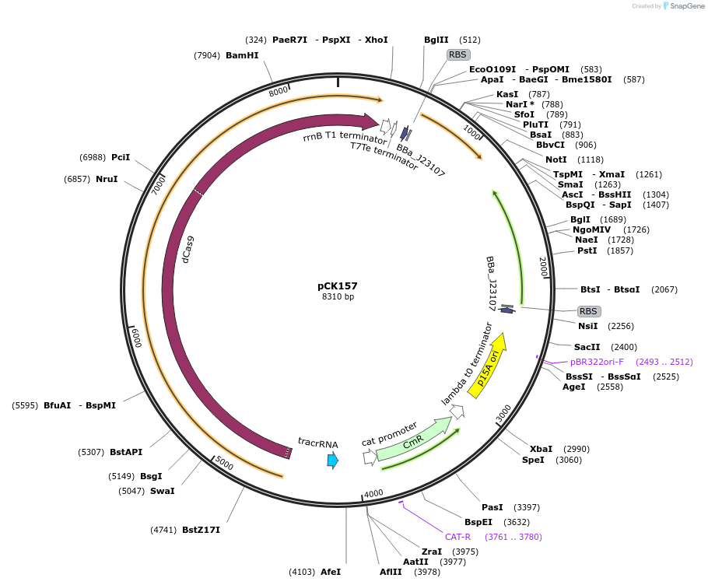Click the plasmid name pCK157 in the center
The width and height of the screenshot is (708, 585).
pyautogui.click(x=338, y=285)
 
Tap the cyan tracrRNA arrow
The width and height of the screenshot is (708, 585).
pyautogui.click(x=333, y=460)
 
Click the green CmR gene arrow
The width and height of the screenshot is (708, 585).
pyautogui.click(x=414, y=440)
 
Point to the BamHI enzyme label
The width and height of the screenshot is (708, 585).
pyautogui.click(x=242, y=55)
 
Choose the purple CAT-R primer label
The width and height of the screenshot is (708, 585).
pyautogui.click(x=457, y=537)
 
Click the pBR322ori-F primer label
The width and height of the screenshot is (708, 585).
pyautogui.click(x=597, y=362)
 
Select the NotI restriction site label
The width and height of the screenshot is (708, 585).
pyautogui.click(x=556, y=159)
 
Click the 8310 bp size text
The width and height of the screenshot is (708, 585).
pyautogui.click(x=338, y=297)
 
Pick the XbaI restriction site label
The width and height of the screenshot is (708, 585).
pyautogui.click(x=541, y=449)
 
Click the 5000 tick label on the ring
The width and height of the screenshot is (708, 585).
pyautogui.click(x=224, y=464)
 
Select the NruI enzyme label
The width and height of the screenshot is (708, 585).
pyautogui.click(x=107, y=179)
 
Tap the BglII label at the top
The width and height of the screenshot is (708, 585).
pyautogui.click(x=436, y=40)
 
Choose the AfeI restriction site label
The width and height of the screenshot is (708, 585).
pyautogui.click(x=331, y=572)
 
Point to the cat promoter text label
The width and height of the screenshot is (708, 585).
pyautogui.click(x=389, y=433)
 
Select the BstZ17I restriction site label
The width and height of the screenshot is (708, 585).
pyautogui.click(x=201, y=530)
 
